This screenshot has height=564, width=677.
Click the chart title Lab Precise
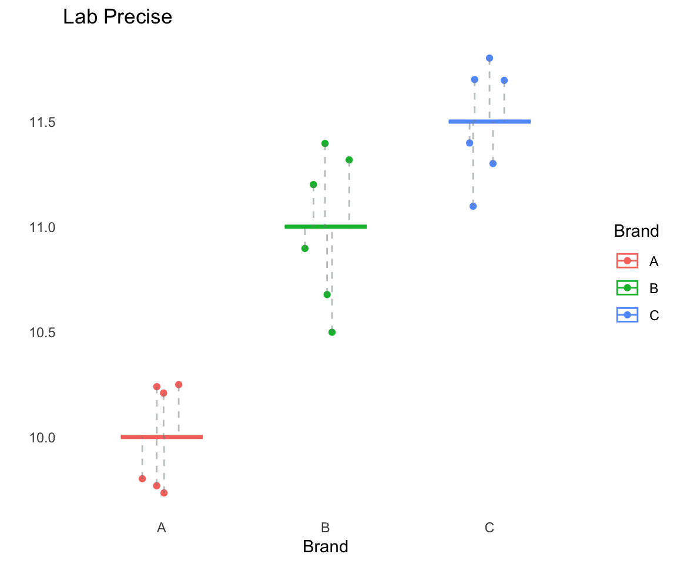pyautogui.click(x=118, y=17)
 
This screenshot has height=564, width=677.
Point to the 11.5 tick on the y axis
pyautogui.click(x=42, y=122)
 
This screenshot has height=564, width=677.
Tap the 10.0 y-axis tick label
pyautogui.click(x=42, y=438)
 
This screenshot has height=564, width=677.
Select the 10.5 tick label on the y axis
pyautogui.click(x=42, y=333)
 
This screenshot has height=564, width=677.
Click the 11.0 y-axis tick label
pyautogui.click(x=42, y=227)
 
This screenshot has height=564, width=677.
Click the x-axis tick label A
pyautogui.click(x=162, y=528)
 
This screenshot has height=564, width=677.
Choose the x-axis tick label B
pyautogui.click(x=326, y=528)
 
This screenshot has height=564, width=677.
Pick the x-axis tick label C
pyautogui.click(x=490, y=528)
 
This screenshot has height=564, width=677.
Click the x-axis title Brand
pyautogui.click(x=326, y=547)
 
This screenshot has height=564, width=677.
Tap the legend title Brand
pyautogui.click(x=636, y=231)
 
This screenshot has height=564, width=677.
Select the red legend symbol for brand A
pyautogui.click(x=628, y=260)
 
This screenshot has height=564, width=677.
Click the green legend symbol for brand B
pyautogui.click(x=628, y=288)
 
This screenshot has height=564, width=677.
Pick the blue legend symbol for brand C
pyautogui.click(x=628, y=315)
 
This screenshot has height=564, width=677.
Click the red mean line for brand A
pyautogui.click(x=162, y=437)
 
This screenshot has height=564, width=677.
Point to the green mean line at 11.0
pyautogui.click(x=326, y=226)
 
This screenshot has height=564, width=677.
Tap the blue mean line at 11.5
pyautogui.click(x=490, y=122)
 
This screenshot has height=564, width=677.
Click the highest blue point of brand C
pyautogui.click(x=490, y=58)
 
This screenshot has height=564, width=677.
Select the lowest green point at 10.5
pyautogui.click(x=332, y=332)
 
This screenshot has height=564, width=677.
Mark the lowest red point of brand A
pyautogui.click(x=164, y=493)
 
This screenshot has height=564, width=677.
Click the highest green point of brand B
pyautogui.click(x=325, y=143)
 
